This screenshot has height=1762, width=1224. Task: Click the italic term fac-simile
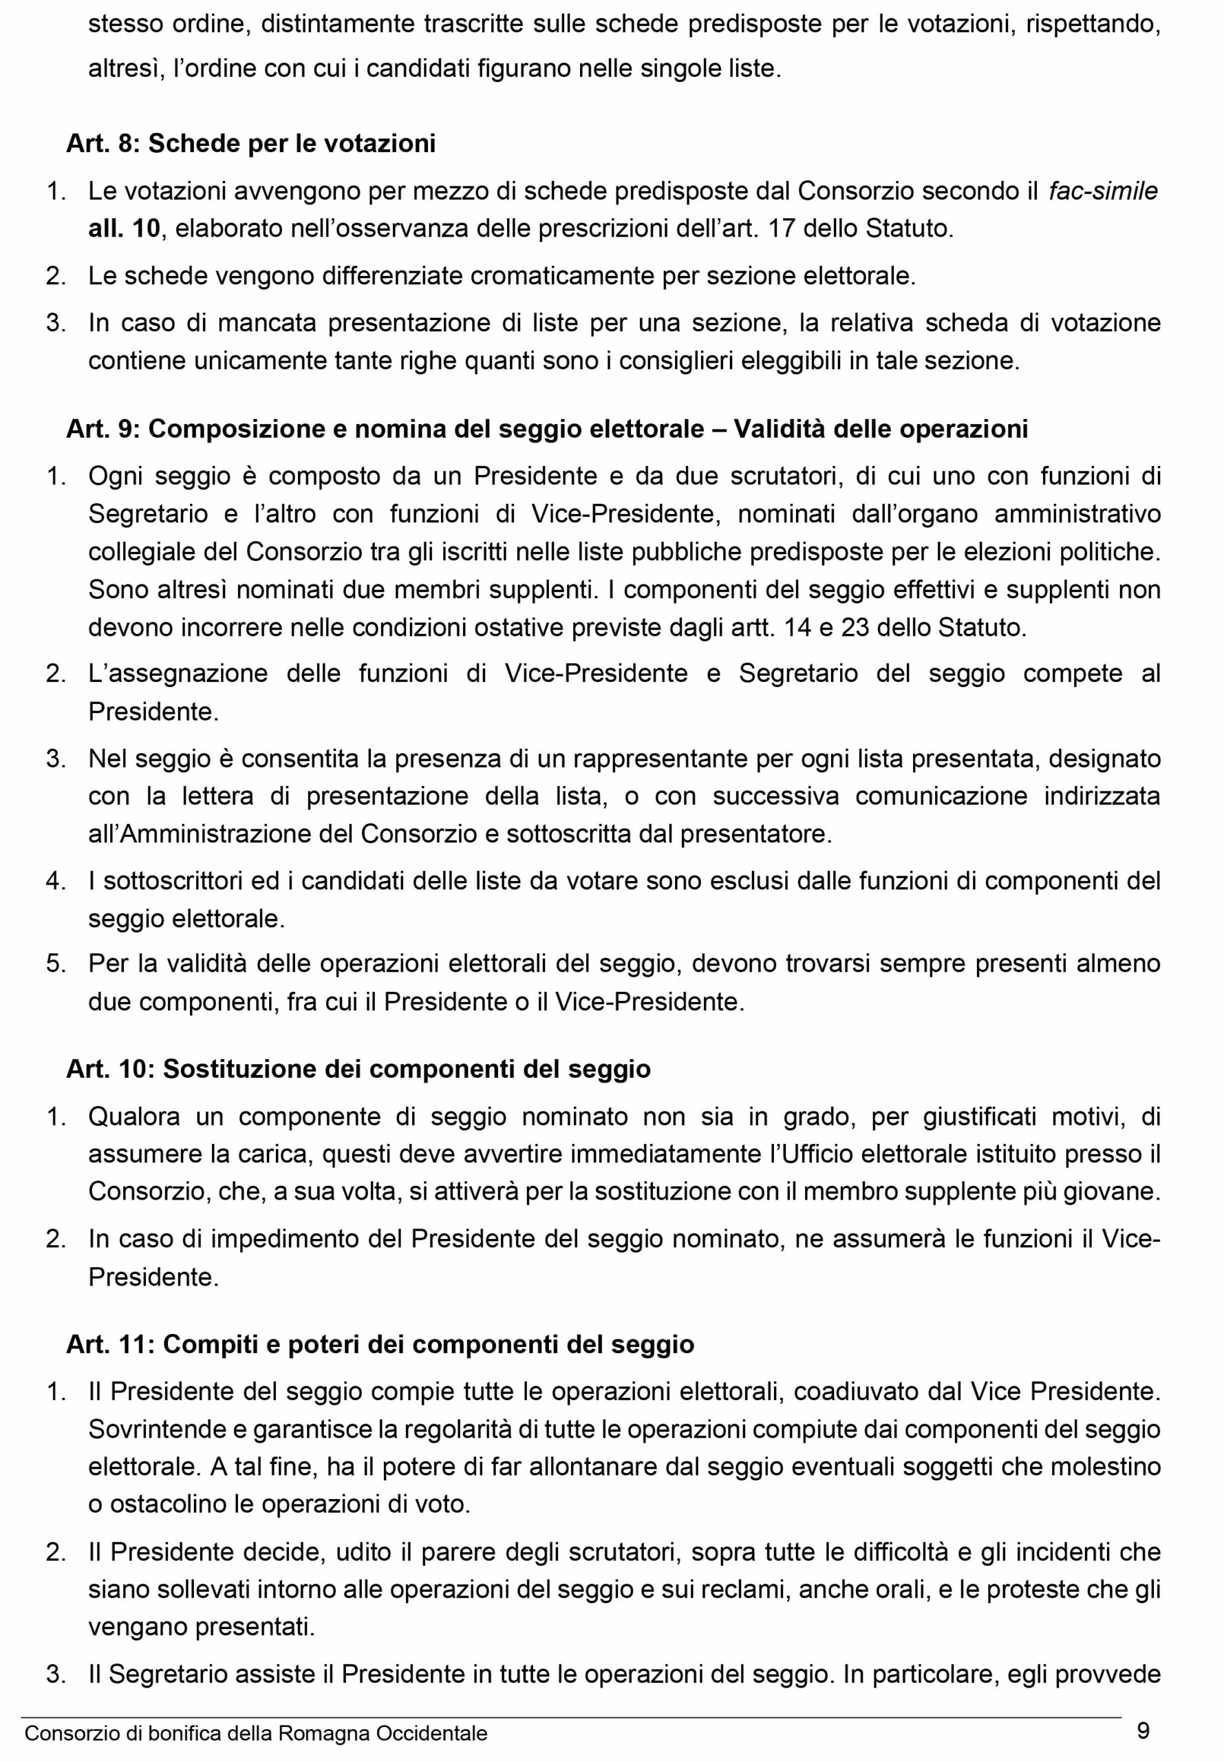point(1104,191)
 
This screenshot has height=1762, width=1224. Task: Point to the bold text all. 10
point(125,229)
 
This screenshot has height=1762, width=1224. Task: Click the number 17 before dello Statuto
point(781,229)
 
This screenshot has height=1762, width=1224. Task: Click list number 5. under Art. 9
point(56,964)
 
